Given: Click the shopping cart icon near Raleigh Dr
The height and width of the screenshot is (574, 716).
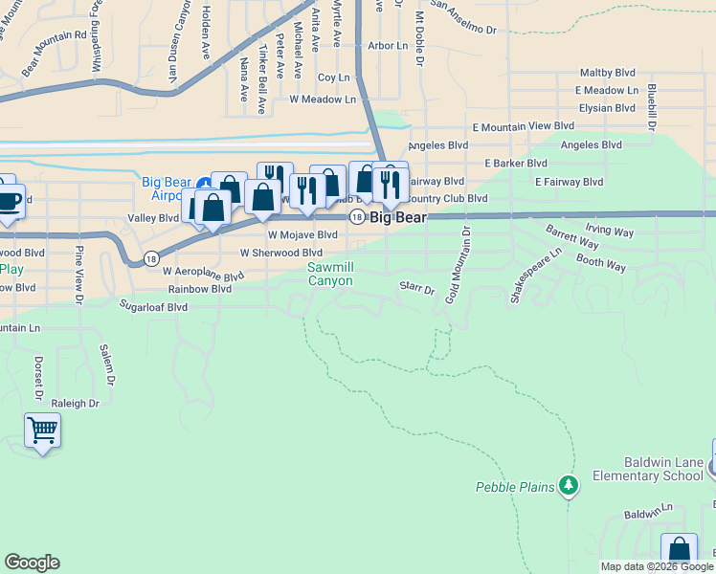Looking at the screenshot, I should pyautogui.click(x=42, y=430).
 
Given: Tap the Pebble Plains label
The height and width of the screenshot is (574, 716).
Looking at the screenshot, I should pyautogui.click(x=515, y=487).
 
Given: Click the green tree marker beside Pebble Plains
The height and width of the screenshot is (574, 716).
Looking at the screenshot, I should pyautogui.click(x=570, y=486).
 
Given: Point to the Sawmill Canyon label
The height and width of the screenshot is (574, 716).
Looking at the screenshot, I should pyautogui.click(x=330, y=275).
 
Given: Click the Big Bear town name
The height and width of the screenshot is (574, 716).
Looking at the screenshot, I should pyautogui.click(x=398, y=217).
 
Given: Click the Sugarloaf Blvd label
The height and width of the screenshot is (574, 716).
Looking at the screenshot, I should pyautogui.click(x=153, y=307).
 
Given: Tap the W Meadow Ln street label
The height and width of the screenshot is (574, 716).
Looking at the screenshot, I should pyautogui.click(x=323, y=99).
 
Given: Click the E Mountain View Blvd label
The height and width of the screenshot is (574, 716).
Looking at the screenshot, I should pyautogui.click(x=524, y=125).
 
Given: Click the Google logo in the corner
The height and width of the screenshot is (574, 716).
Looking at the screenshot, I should pyautogui.click(x=32, y=563).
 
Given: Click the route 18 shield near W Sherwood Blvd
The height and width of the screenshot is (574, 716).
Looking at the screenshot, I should pyautogui.click(x=151, y=258).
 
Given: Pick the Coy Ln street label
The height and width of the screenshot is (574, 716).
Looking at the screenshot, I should pyautogui.click(x=334, y=77).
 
